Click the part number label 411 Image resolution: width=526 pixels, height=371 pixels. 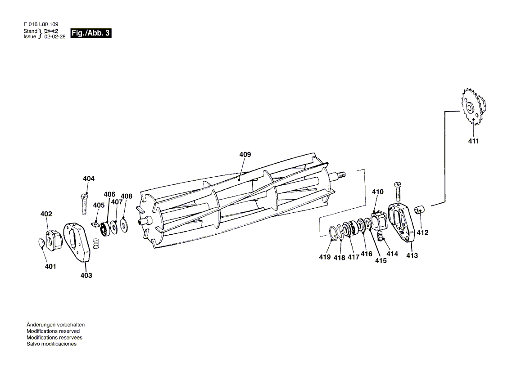click(473, 141)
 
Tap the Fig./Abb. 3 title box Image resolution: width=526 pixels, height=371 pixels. click(91, 33)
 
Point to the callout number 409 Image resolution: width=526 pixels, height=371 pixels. click(245, 155)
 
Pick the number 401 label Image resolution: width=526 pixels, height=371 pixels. click(50, 267)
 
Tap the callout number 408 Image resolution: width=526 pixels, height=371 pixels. click(127, 196)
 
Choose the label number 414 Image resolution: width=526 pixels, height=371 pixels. click(392, 254)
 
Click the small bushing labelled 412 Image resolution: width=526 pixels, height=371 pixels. click(420, 210)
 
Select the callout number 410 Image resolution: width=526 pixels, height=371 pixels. click(377, 192)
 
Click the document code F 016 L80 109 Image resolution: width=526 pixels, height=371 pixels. click(40, 24)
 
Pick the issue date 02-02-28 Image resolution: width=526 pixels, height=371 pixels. click(55, 37)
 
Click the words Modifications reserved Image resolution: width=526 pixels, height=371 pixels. click(53, 331)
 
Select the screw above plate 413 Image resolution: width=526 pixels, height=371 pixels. click(397, 192)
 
